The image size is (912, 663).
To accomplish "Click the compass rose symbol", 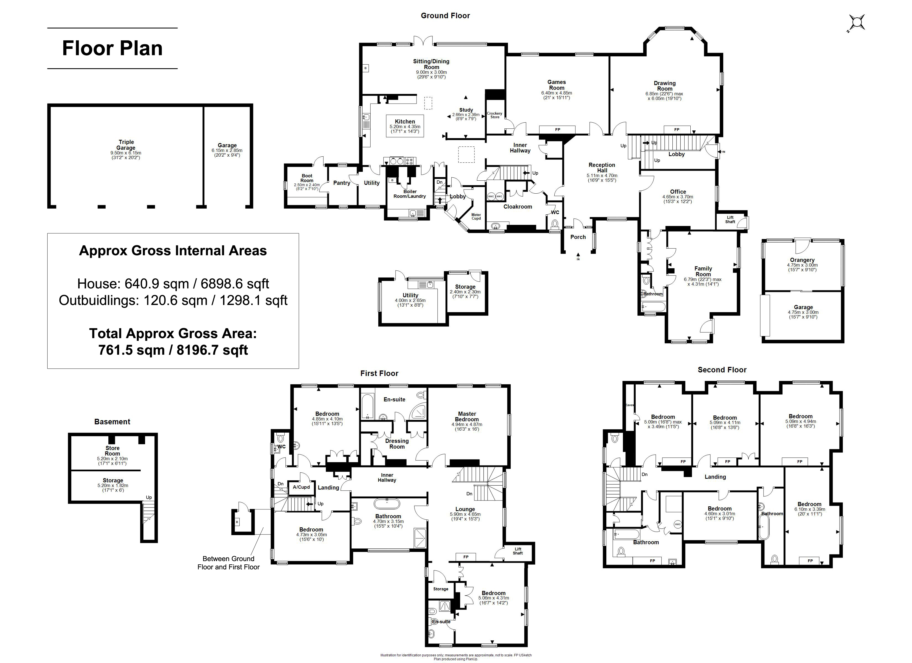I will pyautogui.click(x=856, y=23).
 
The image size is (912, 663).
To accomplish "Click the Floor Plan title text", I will pyautogui.click(x=112, y=48).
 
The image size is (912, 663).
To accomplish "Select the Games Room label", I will pyautogui.click(x=557, y=85).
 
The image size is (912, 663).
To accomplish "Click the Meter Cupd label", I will pyautogui.click(x=476, y=217).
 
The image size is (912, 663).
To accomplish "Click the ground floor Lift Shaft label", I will pyautogui.click(x=730, y=220).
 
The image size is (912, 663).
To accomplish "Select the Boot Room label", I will pyautogui.click(x=307, y=178).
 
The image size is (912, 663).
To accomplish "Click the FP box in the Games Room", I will pyautogui.click(x=557, y=130).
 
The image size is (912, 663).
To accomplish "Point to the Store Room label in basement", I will pyautogui.click(x=112, y=451).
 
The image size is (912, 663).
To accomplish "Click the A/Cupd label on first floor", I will pyautogui.click(x=301, y=487).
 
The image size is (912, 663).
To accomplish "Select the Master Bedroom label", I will pyautogui.click(x=467, y=417).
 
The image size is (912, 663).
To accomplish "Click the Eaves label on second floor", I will pyautogui.click(x=630, y=405).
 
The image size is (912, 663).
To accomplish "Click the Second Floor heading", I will pyautogui.click(x=722, y=370).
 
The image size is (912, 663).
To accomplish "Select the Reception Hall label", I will pyautogui.click(x=602, y=168).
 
